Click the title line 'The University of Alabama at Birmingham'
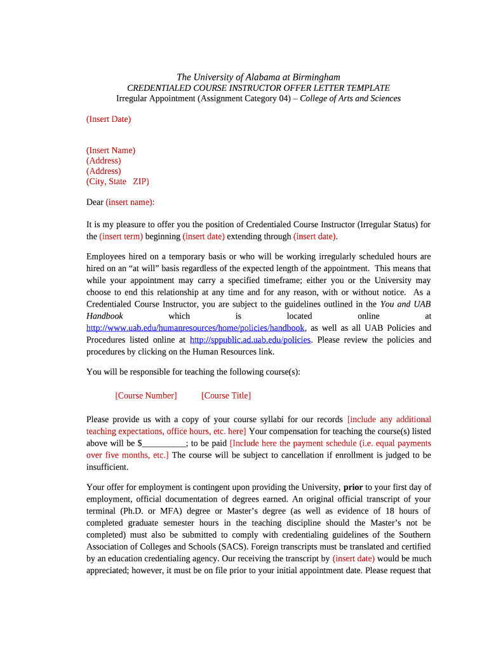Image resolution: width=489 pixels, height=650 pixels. point(258,77)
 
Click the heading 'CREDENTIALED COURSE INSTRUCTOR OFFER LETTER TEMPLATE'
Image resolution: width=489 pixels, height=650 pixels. point(258,88)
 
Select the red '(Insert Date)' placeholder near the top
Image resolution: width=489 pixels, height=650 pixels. point(109,119)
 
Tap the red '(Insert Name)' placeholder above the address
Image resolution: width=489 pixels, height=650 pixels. point(111,150)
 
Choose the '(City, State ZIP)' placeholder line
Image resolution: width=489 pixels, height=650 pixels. point(117,182)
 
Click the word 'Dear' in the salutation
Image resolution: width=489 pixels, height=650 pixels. point(95,202)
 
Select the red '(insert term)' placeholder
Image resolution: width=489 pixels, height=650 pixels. point(121,236)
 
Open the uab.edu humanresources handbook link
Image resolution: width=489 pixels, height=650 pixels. point(196,328)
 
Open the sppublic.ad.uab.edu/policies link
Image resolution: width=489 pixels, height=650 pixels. point(250,340)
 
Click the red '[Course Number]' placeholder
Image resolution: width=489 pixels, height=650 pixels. point(145,395)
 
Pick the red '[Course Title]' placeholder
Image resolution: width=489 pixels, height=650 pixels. point(225,395)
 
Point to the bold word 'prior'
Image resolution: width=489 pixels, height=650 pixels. point(353,487)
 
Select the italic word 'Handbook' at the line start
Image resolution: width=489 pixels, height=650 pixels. point(105,316)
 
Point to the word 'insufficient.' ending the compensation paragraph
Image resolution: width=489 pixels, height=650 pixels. point(107,467)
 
